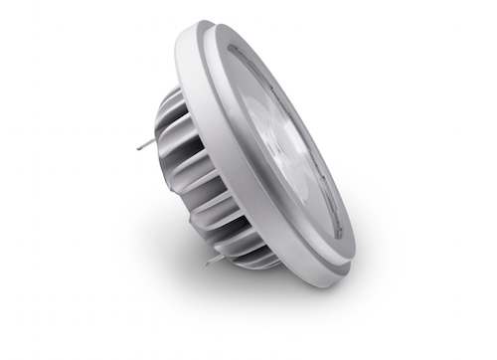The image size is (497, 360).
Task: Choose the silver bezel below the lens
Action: tap(318, 264)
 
